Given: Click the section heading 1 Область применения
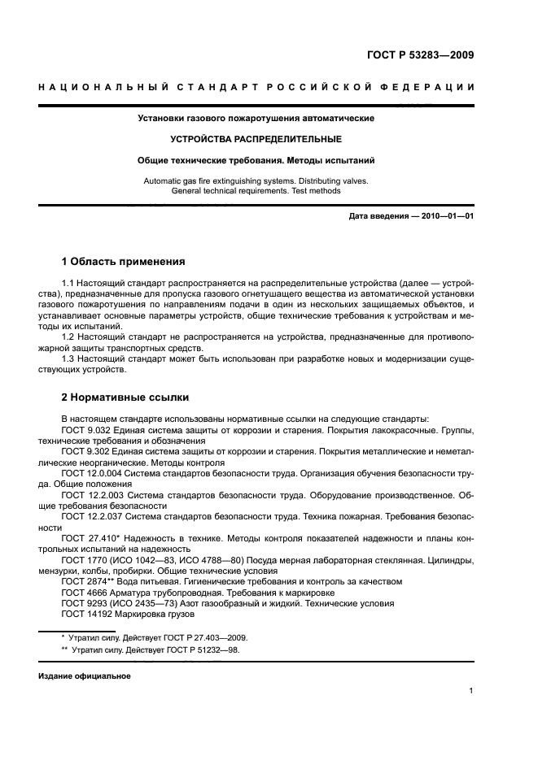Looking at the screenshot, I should point(123,263).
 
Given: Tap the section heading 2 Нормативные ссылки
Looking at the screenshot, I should point(125,398).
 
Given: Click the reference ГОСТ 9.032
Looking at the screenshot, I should point(87,429).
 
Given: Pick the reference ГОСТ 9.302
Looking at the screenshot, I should point(87,449).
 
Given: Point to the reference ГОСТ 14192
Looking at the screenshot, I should point(87,614).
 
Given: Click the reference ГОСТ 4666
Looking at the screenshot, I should point(85,593).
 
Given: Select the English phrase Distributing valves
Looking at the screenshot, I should point(330,180).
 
